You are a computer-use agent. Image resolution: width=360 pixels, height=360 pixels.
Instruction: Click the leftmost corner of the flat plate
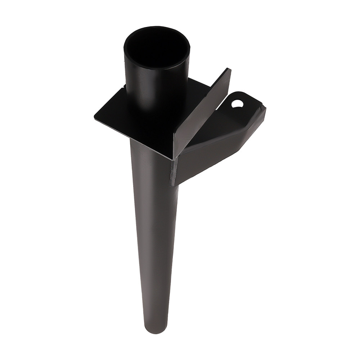[94, 116]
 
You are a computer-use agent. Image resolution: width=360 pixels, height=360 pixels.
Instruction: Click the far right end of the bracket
[265, 108]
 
